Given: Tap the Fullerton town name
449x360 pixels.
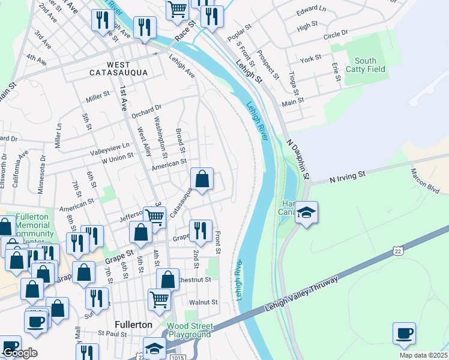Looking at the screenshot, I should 133,325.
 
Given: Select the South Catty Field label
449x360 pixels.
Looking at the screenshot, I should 370,65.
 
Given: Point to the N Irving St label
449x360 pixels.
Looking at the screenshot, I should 348,176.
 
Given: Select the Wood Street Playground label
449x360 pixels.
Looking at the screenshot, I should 190,330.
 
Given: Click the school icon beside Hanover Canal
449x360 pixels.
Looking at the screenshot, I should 306,213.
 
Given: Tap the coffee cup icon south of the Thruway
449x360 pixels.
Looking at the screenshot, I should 405,333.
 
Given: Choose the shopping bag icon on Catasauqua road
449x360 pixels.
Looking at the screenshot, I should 202,179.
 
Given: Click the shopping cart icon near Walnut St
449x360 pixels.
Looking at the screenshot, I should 158,299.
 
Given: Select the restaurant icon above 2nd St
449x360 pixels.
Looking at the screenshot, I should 200,230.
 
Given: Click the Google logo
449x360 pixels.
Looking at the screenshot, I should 20,353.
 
